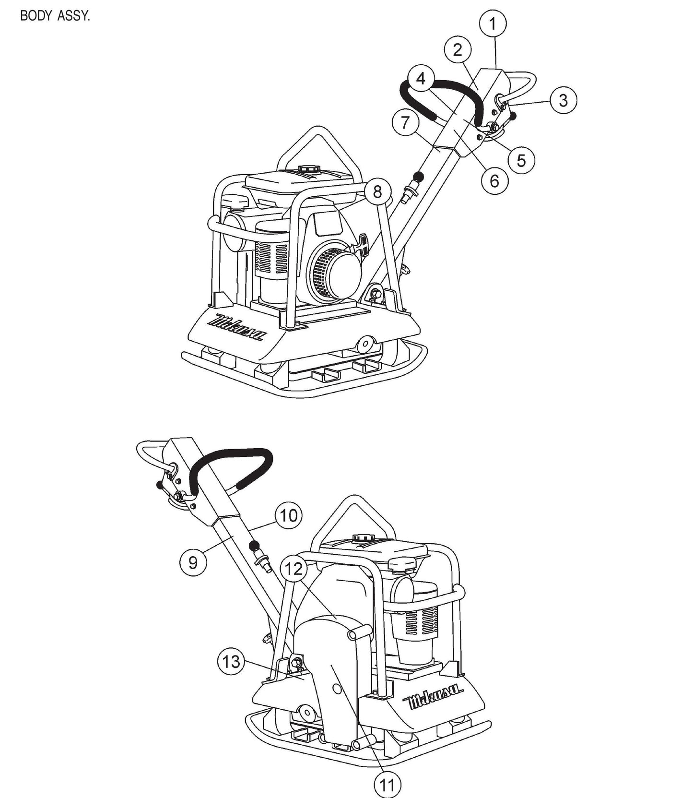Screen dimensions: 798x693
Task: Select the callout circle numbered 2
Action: click(457, 49)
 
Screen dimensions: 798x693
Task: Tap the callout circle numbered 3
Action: click(563, 100)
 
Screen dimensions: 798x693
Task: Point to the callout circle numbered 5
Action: click(521, 160)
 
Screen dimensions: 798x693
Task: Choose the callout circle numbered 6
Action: click(494, 181)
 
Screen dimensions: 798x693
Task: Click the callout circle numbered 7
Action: click(405, 122)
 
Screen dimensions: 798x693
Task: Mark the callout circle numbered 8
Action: click(377, 192)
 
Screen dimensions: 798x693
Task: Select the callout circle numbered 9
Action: click(193, 562)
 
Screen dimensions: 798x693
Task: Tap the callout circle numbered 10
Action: click(289, 516)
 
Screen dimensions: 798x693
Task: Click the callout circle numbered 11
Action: click(387, 785)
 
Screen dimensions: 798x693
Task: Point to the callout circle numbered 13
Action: click(231, 662)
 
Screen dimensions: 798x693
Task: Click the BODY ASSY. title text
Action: click(55, 16)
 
